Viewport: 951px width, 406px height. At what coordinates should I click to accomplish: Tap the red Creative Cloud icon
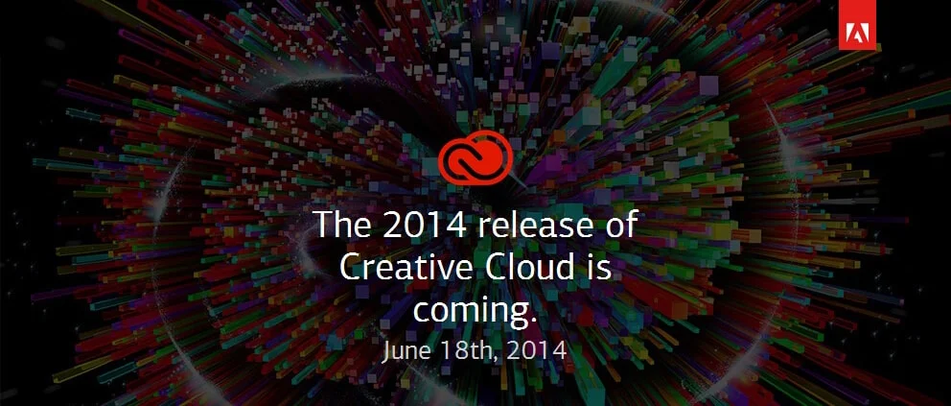(475, 159)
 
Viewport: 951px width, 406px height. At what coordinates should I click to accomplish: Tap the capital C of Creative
(352, 268)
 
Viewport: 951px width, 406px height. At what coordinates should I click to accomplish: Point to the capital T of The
(325, 226)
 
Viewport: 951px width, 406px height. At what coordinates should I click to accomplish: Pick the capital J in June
(386, 349)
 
